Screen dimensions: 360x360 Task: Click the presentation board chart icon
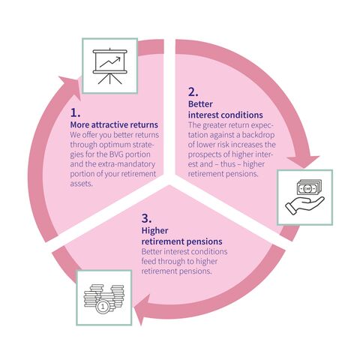tap(110, 66)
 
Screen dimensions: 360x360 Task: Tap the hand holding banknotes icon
tap(305, 197)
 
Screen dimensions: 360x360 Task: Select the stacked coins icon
tap(104, 298)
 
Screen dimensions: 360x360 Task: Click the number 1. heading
tap(75, 113)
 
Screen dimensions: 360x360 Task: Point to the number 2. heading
tap(193, 92)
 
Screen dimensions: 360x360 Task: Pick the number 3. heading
tap(146, 219)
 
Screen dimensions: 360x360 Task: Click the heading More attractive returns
tap(114, 124)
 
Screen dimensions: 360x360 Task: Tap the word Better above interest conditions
tap(200, 104)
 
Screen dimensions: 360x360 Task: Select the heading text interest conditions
tap(226, 115)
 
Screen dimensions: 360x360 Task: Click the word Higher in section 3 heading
tap(154, 230)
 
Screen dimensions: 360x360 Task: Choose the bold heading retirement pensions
tap(181, 241)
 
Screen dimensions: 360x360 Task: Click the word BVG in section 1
tap(116, 154)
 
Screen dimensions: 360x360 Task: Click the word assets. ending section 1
tap(81, 184)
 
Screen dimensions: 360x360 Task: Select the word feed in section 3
tap(148, 261)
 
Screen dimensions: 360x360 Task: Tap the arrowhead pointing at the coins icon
tap(142, 310)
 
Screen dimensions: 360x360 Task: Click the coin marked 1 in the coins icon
tap(103, 306)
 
